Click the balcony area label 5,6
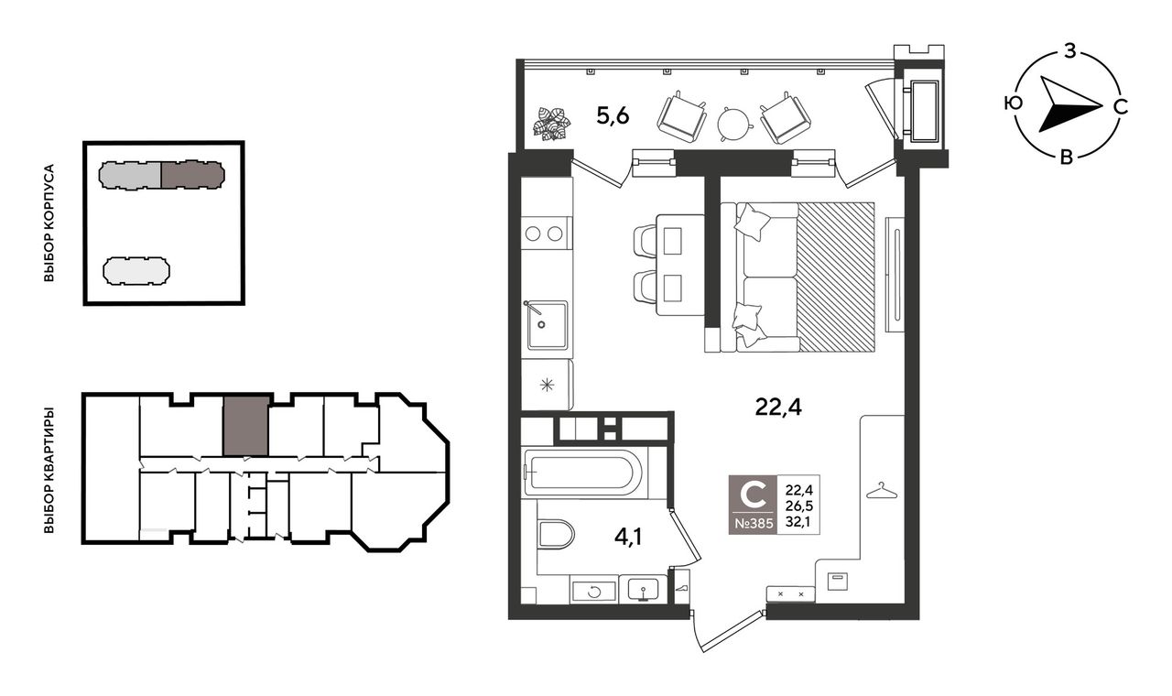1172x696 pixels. coord(613,115)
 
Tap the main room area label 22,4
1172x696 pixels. coord(778,407)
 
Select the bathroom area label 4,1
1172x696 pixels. coord(628,537)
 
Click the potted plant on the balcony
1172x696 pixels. coord(551,124)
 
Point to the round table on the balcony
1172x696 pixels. coord(735,124)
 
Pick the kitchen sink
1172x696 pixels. coord(547,325)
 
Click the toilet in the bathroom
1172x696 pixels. coord(556,534)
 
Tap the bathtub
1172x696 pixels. coord(584,473)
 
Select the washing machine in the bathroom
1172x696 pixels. coord(594,592)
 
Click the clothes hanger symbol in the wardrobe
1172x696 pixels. coord(882,491)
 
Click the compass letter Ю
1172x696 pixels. coord(1014,103)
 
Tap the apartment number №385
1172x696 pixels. coord(754,523)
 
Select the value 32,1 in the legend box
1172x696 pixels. coord(798,522)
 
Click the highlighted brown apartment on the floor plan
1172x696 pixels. coord(246,426)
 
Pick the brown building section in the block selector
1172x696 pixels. coord(192,175)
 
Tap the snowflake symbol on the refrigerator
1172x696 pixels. coord(547,386)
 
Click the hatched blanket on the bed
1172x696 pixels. coord(836,277)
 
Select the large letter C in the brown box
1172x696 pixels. coord(754,495)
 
